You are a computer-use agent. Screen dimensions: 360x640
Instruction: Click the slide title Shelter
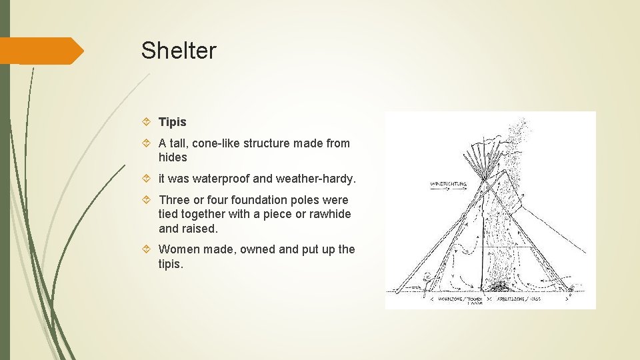[x=179, y=51]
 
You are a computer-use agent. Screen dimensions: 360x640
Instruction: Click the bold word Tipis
[x=173, y=122]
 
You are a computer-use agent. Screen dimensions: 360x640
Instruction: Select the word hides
[x=173, y=158]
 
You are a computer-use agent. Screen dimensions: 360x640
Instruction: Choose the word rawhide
[x=328, y=215]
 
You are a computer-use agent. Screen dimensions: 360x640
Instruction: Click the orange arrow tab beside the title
[x=41, y=51]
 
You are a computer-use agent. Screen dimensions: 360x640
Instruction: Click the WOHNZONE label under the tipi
[x=448, y=299]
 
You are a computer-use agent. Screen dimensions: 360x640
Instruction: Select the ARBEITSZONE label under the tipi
[x=523, y=299]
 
